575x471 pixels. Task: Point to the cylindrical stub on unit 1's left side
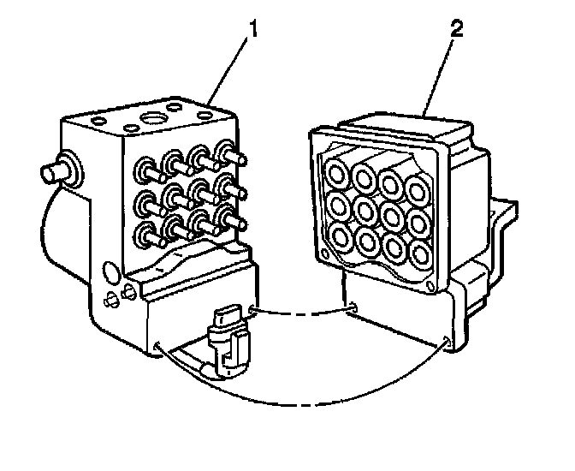tap(50, 167)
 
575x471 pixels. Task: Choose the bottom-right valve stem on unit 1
tap(227, 218)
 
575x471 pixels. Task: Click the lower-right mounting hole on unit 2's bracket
tap(450, 346)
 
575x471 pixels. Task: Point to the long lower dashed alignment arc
tap(291, 399)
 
